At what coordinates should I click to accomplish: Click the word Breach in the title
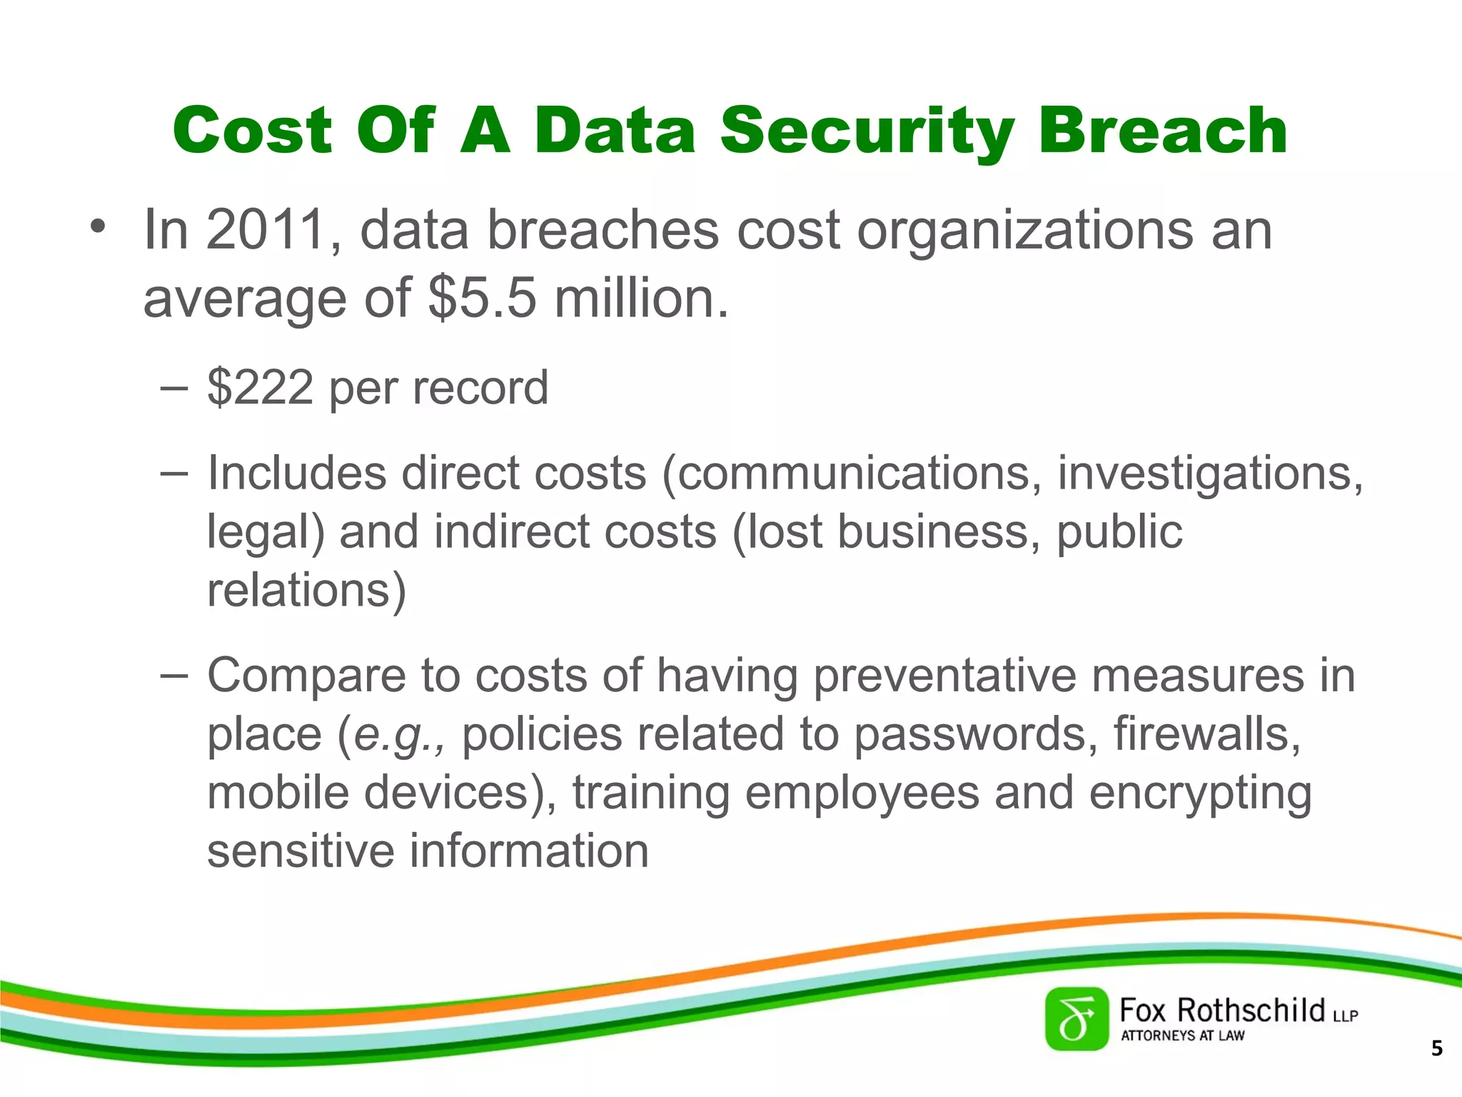point(1163,131)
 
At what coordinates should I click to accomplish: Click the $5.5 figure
point(482,298)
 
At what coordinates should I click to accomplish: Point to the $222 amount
point(260,388)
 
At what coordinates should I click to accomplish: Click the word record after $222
point(480,388)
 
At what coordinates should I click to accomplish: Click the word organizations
point(1025,230)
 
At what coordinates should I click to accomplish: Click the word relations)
point(306,591)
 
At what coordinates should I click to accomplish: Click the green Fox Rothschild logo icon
point(1077,1019)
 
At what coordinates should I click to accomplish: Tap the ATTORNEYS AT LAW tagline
point(1182,1036)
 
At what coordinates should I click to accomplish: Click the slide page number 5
point(1436,1048)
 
